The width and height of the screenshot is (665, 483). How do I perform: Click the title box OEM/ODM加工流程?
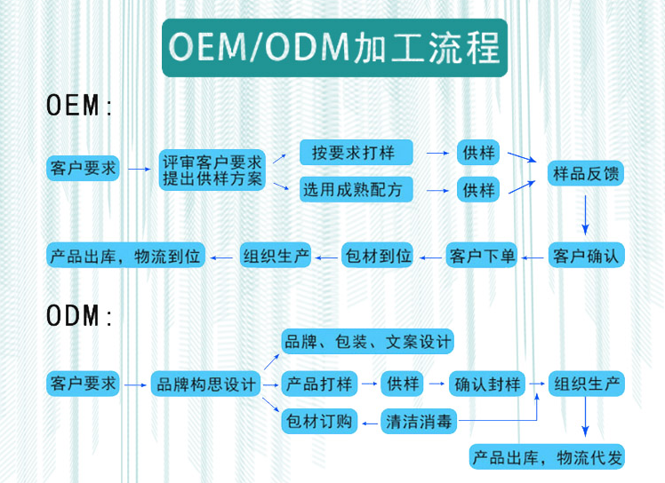click(x=333, y=47)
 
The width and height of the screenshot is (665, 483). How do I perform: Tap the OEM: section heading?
click(x=80, y=107)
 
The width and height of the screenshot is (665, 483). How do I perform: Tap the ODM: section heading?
click(x=80, y=315)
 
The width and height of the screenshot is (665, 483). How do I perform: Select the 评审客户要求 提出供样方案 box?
click(x=212, y=169)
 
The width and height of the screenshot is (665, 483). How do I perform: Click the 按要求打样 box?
click(x=357, y=153)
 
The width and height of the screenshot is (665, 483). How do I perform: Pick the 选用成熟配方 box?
click(x=352, y=189)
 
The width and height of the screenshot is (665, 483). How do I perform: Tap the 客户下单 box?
click(x=481, y=256)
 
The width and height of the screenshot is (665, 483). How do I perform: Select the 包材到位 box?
click(x=378, y=256)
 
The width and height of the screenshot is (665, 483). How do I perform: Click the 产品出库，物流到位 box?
click(x=126, y=256)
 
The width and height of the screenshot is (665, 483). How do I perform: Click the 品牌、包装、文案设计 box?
click(x=367, y=341)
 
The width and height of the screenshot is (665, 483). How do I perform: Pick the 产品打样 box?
click(x=319, y=384)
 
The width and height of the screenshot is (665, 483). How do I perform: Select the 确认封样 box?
click(x=486, y=384)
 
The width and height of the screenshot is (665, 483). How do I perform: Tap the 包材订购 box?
click(x=319, y=422)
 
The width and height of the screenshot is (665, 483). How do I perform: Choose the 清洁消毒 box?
click(x=420, y=422)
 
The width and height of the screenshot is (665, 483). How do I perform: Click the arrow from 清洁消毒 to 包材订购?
click(x=370, y=423)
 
